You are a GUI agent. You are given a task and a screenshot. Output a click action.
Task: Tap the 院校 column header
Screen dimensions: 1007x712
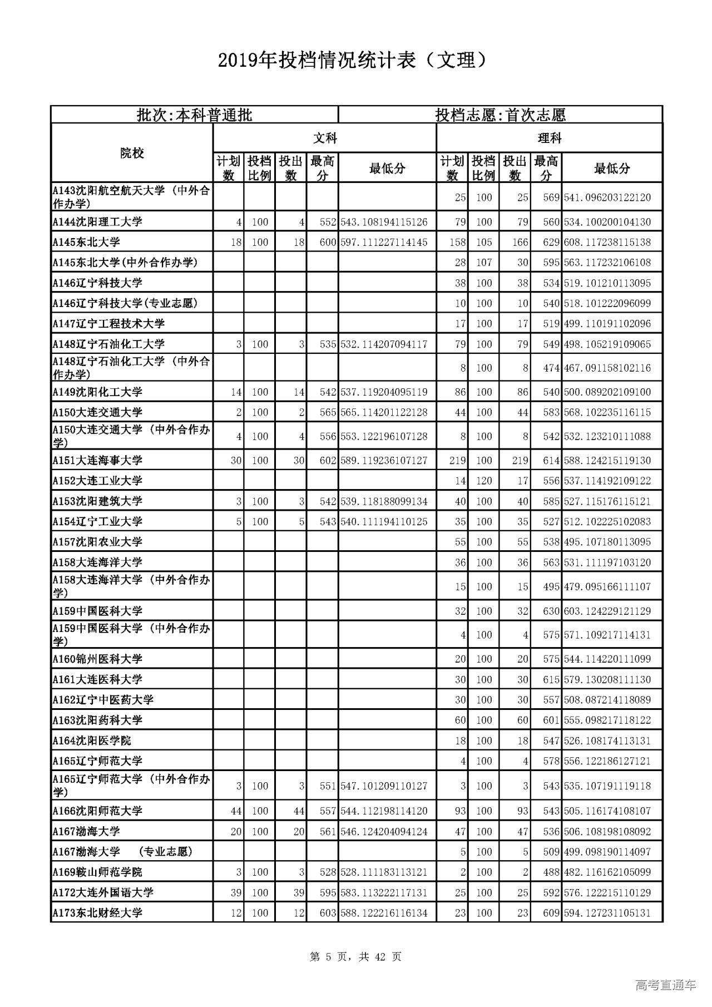click(x=132, y=153)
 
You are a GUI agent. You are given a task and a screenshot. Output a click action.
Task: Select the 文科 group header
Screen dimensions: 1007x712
click(x=325, y=138)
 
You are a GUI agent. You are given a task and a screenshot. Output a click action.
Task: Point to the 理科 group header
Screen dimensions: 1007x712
click(x=549, y=138)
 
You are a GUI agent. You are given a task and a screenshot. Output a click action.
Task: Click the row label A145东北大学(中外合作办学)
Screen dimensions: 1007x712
click(x=125, y=263)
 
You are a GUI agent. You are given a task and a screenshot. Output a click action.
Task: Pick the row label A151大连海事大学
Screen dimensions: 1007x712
click(x=98, y=461)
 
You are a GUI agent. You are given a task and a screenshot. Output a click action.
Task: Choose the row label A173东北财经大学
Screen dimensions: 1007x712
click(x=98, y=913)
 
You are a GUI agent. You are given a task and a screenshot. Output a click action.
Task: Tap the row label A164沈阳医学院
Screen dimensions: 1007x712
click(x=92, y=741)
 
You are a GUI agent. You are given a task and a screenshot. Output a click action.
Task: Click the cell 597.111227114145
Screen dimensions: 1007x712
click(x=384, y=243)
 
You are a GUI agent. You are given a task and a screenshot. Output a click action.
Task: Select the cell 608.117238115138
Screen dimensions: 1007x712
click(x=607, y=243)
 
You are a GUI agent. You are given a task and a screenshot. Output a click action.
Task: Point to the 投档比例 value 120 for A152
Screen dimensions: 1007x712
click(x=483, y=481)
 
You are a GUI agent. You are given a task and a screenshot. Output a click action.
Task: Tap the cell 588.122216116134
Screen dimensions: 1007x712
click(x=384, y=913)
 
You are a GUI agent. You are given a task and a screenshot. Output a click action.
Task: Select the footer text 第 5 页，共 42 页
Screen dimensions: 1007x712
click(x=355, y=956)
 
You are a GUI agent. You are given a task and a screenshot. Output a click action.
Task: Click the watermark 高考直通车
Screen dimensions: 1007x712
click(x=665, y=985)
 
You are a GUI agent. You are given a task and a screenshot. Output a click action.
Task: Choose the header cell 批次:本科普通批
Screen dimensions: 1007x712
click(x=195, y=115)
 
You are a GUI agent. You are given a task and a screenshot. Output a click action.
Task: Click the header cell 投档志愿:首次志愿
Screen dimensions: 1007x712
click(x=500, y=115)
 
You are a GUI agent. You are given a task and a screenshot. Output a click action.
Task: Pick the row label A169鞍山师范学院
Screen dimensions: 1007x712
click(x=98, y=872)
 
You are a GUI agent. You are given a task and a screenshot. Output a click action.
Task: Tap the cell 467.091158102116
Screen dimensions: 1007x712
click(x=607, y=368)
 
